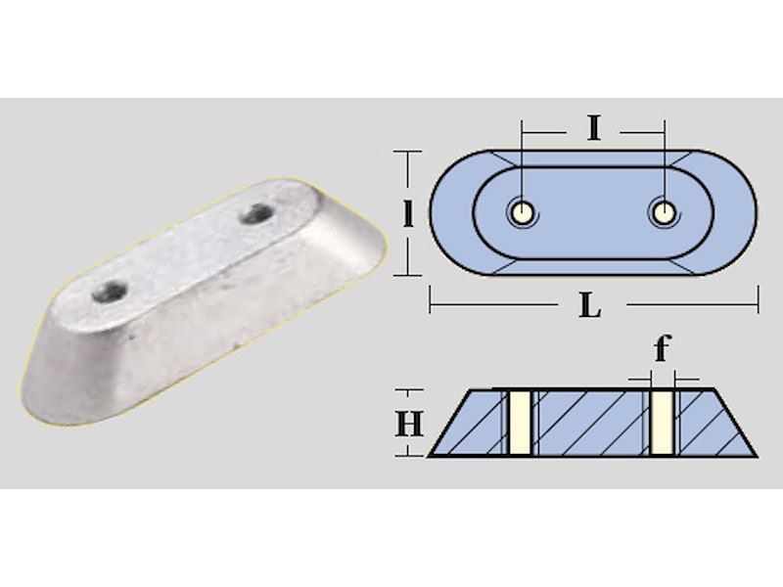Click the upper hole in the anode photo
coord(255,213)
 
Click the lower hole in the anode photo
coord(109,291)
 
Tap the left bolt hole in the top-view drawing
coord(522,213)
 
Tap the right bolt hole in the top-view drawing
coord(664,213)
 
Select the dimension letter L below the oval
coord(590,305)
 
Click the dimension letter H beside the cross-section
coord(409,424)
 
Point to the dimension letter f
coord(663,348)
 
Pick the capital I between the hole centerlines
coord(593,129)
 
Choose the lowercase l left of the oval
coord(408,213)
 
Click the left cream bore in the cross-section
coord(520,424)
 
